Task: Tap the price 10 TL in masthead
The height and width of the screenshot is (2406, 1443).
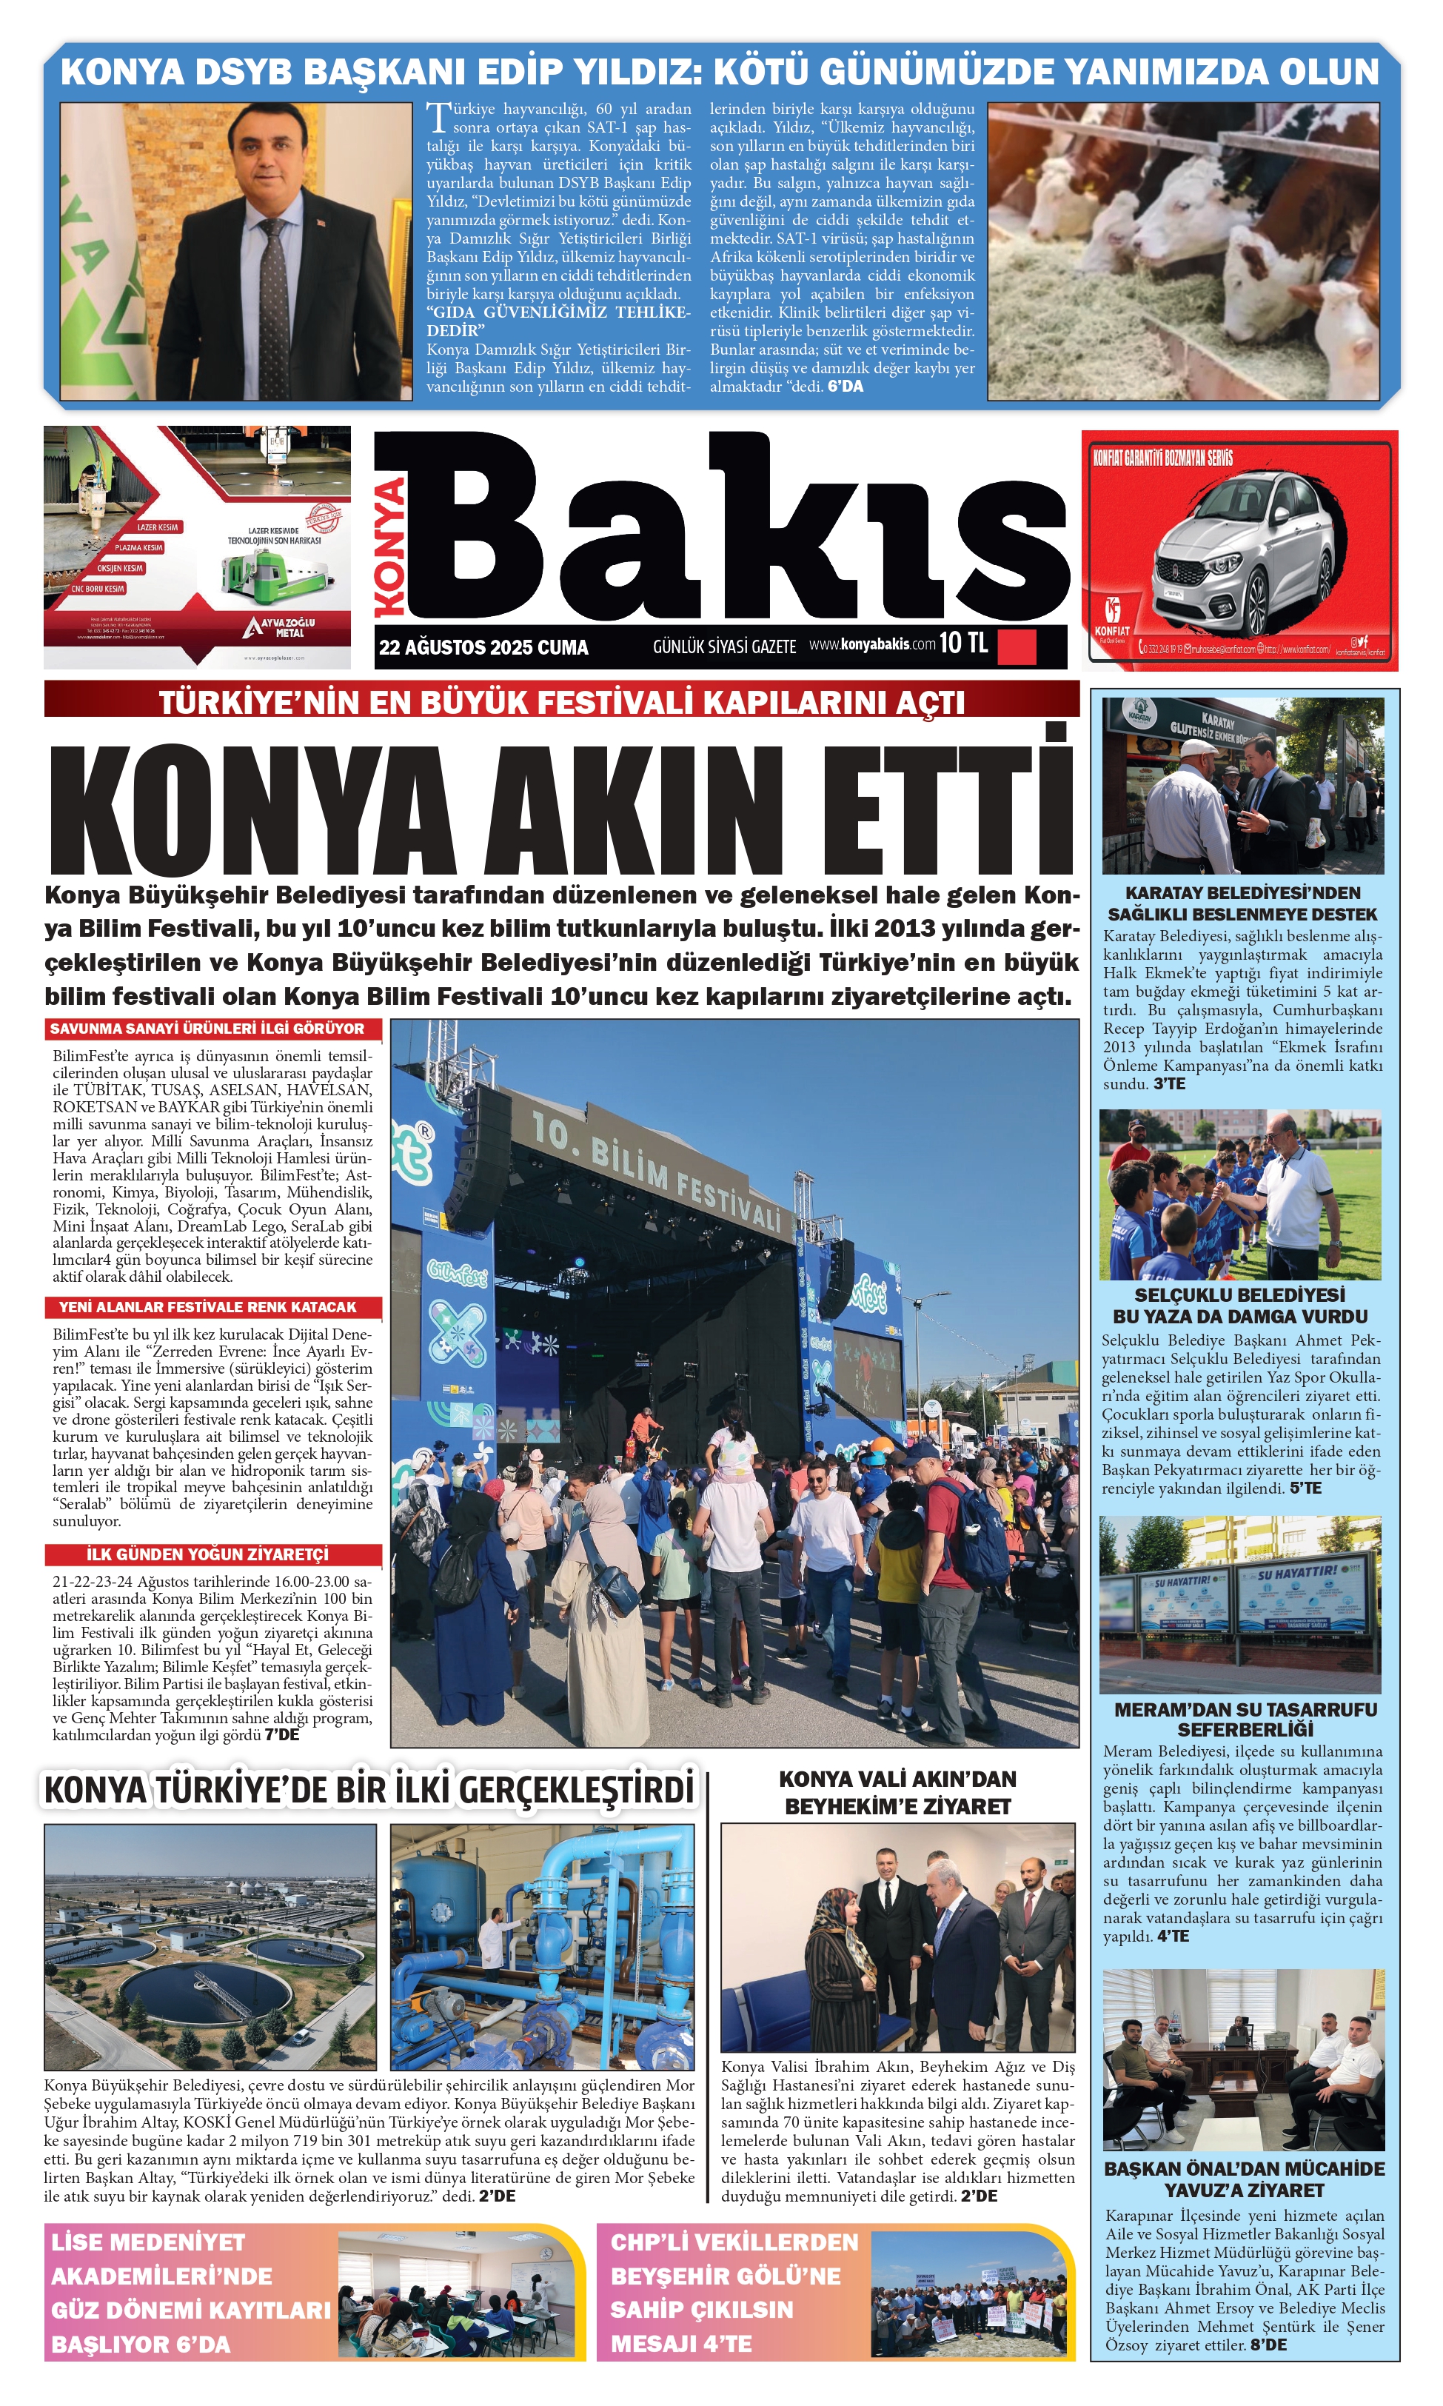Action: [x=962, y=643]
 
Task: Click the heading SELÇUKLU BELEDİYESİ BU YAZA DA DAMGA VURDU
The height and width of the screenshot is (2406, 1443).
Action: [x=1240, y=1306]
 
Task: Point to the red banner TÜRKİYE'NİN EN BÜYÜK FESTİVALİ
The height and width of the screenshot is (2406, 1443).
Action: [x=561, y=701]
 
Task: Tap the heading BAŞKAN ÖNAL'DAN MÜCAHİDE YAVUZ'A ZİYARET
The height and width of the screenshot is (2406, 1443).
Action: [x=1244, y=2179]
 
